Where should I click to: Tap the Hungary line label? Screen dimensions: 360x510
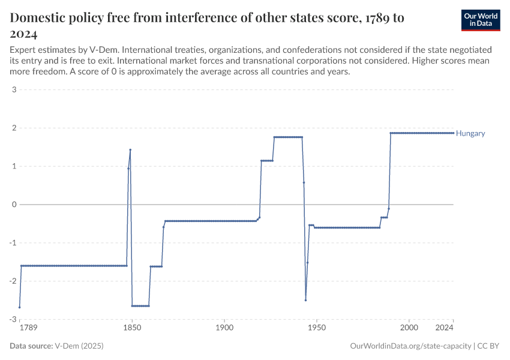[x=470, y=133]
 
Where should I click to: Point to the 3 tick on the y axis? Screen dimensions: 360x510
[x=13, y=90]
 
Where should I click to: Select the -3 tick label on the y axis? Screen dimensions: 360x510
[x=12, y=319]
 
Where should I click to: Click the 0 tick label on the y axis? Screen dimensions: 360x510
[x=13, y=205]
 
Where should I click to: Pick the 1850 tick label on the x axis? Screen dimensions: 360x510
[x=132, y=328]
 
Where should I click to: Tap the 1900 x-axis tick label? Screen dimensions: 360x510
[x=224, y=328]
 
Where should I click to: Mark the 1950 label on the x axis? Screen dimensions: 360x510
[x=316, y=328]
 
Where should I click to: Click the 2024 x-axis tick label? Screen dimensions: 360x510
[x=445, y=328]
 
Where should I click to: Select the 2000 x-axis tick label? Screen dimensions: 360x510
[x=409, y=328]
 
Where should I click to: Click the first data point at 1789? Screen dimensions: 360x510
[x=20, y=307]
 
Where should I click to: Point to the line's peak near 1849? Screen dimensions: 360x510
[x=130, y=150]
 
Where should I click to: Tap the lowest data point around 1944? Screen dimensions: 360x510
[x=305, y=300]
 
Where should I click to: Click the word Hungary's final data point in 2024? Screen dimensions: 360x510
[x=453, y=133]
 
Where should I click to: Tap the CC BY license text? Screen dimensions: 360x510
[x=488, y=346]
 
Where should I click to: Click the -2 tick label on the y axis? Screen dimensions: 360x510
[x=12, y=281]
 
